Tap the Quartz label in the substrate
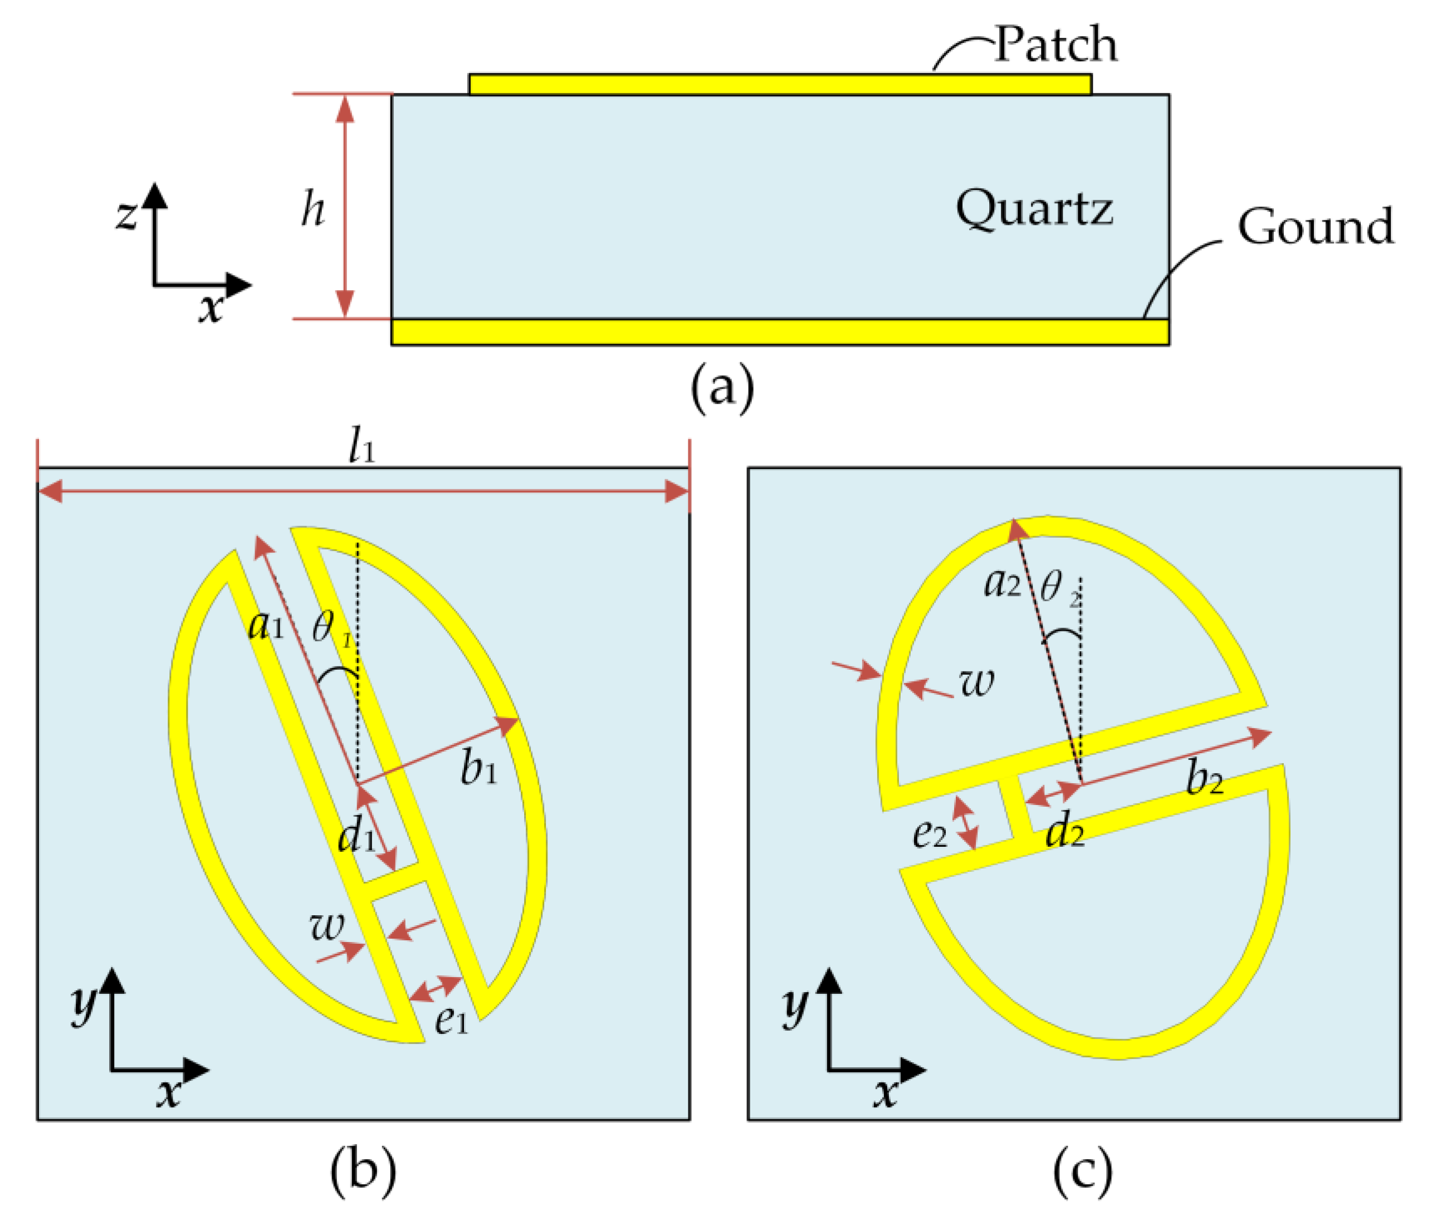tap(1034, 208)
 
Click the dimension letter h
tap(312, 209)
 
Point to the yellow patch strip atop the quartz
tap(780, 84)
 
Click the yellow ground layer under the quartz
tap(780, 332)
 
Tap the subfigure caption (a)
tap(722, 389)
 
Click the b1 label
tap(479, 769)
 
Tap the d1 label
tap(356, 837)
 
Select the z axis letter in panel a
tap(126, 214)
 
